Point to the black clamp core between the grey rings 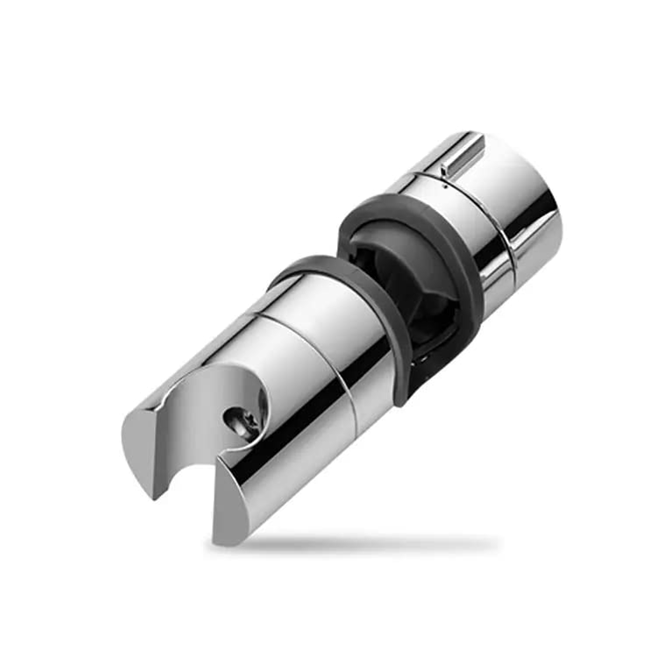412,280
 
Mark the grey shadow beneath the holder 368,543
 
